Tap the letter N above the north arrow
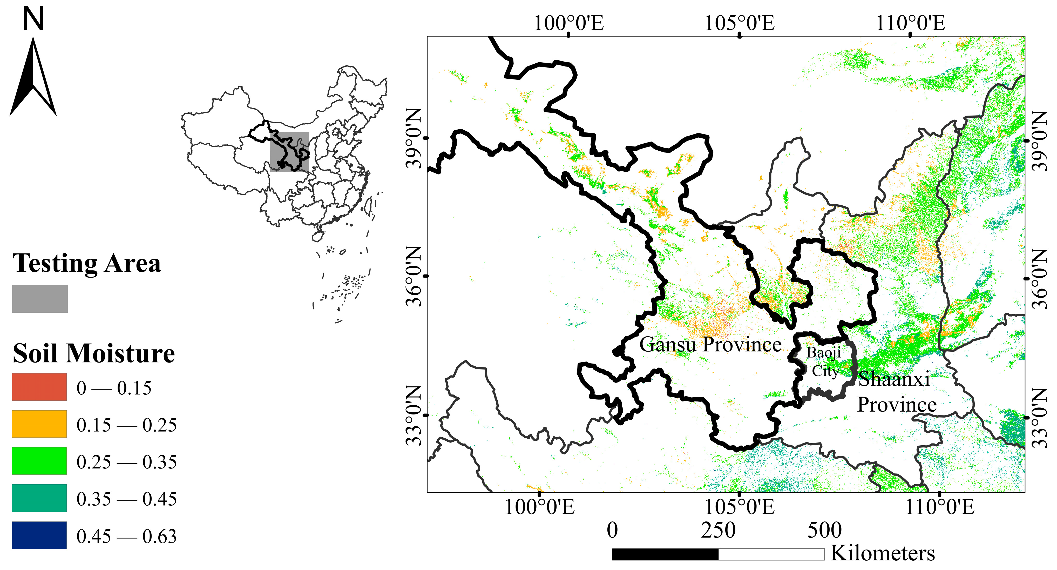tap(33, 19)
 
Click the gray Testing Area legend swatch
tap(40, 299)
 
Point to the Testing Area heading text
tap(87, 263)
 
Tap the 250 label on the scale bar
tap(718, 530)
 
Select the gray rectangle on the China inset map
tap(289, 152)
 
